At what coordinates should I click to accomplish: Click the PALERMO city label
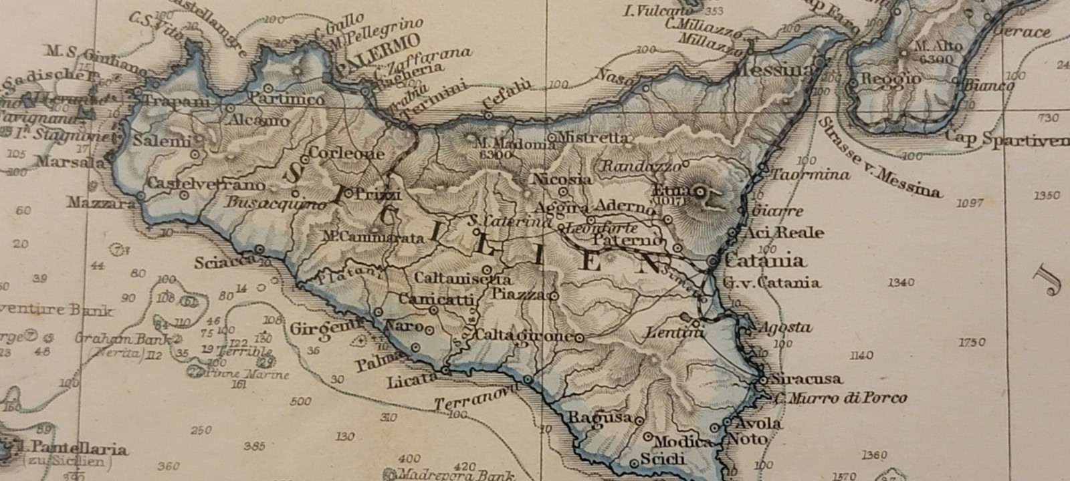(x=378, y=53)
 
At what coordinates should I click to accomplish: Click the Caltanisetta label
(x=463, y=278)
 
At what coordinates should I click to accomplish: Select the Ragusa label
(x=599, y=418)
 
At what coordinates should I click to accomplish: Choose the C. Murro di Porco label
(x=841, y=399)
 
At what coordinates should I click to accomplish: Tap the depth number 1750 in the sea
(x=971, y=342)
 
